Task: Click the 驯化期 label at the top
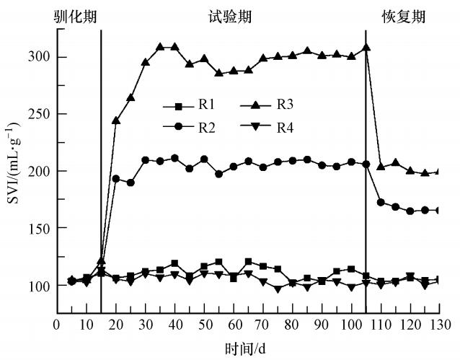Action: point(75,16)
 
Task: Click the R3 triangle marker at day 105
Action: point(366,48)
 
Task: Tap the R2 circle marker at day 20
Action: point(116,178)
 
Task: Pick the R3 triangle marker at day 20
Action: point(116,120)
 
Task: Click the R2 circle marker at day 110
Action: point(381,202)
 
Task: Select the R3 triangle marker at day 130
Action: point(438,172)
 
